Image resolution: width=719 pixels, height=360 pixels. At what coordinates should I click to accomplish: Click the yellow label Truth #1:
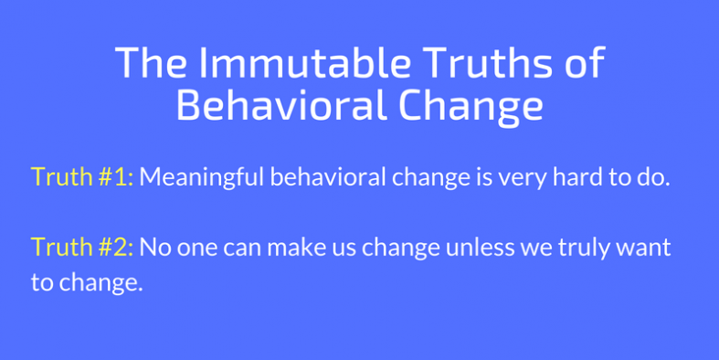(82, 177)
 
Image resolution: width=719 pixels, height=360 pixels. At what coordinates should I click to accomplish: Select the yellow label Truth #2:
(82, 248)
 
